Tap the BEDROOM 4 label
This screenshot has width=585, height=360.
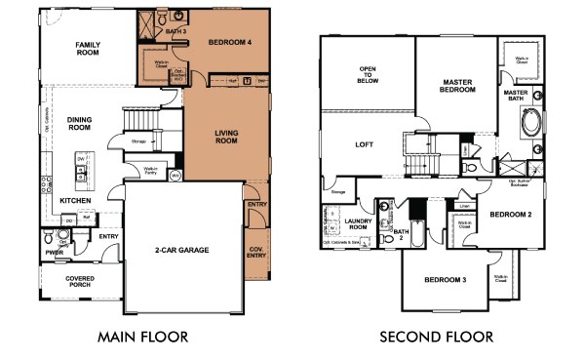point(216,42)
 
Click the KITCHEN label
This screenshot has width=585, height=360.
point(77,200)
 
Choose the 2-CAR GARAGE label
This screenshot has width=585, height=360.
point(182,250)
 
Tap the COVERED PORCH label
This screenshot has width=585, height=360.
point(81,282)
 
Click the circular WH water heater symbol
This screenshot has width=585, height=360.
point(175,177)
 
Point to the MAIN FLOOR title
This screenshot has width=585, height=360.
point(143,338)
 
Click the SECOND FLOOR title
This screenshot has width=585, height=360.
point(436,338)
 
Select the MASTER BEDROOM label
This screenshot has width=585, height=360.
point(457,86)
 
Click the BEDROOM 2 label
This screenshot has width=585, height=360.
point(510,214)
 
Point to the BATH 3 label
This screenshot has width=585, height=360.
point(175,32)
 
